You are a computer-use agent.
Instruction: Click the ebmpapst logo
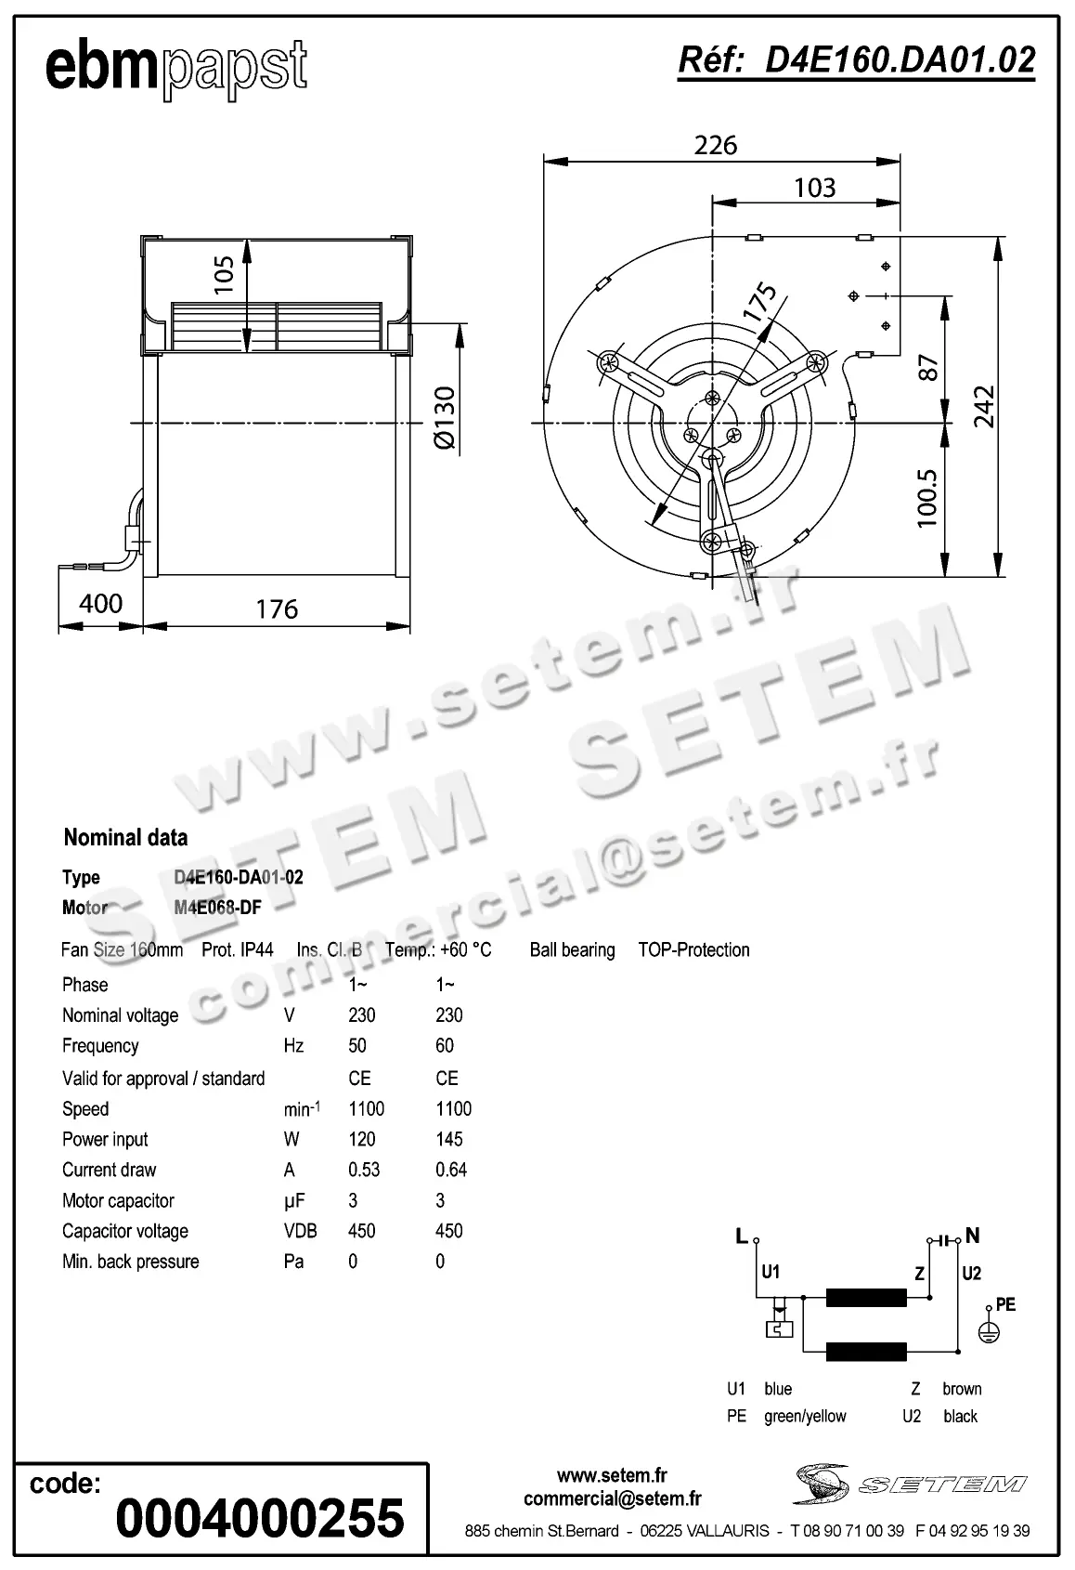[x=175, y=67]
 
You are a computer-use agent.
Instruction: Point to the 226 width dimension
[x=716, y=145]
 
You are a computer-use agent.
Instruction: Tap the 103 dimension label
[x=814, y=188]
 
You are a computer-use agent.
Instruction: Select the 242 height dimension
[x=983, y=406]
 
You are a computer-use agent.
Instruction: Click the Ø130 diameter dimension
[x=445, y=418]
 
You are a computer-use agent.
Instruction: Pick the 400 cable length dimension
[x=100, y=604]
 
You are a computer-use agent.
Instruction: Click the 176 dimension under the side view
[x=277, y=609]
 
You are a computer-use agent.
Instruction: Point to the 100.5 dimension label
[x=927, y=498]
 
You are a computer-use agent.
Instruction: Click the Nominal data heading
[x=125, y=838]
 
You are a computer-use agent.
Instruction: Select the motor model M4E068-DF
[x=217, y=908]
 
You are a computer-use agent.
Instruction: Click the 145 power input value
[x=449, y=1139]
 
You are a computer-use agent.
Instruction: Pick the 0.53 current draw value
[x=364, y=1170]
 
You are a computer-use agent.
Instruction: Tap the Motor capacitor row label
[x=118, y=1200]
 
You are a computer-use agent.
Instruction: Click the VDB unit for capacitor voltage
[x=300, y=1231]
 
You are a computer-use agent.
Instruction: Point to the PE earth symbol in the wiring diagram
[x=990, y=1331]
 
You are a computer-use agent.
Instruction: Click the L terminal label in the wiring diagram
[x=741, y=1236]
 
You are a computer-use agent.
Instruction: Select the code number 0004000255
[x=260, y=1518]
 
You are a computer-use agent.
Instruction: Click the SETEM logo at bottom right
[x=910, y=1484]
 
